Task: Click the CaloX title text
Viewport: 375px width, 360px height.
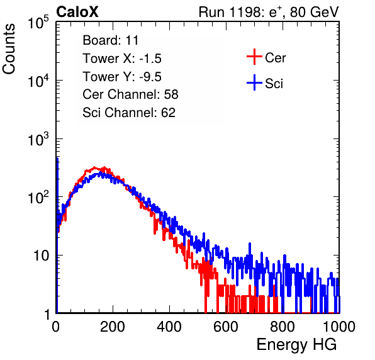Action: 77,12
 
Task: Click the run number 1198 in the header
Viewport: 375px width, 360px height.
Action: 245,12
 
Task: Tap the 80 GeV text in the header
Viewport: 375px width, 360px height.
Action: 314,12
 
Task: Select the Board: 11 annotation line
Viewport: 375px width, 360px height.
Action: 111,40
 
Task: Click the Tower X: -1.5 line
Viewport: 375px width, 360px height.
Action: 122,59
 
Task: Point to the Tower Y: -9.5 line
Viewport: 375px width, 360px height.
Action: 122,77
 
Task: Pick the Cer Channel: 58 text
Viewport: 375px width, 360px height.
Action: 130,94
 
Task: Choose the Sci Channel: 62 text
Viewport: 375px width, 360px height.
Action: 129,113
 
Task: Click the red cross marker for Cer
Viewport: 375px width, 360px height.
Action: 254,57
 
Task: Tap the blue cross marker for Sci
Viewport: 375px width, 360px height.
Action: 254,83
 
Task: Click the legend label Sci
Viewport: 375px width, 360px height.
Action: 274,84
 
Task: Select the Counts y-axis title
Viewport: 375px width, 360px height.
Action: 9,49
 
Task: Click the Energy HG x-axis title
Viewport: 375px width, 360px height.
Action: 296,345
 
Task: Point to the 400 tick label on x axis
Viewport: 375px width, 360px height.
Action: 169,327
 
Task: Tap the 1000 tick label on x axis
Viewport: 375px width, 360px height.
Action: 339,327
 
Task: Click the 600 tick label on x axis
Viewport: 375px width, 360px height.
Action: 226,327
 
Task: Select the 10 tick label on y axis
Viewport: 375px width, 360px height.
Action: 41,256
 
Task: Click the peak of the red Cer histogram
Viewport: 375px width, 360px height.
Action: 94,167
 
